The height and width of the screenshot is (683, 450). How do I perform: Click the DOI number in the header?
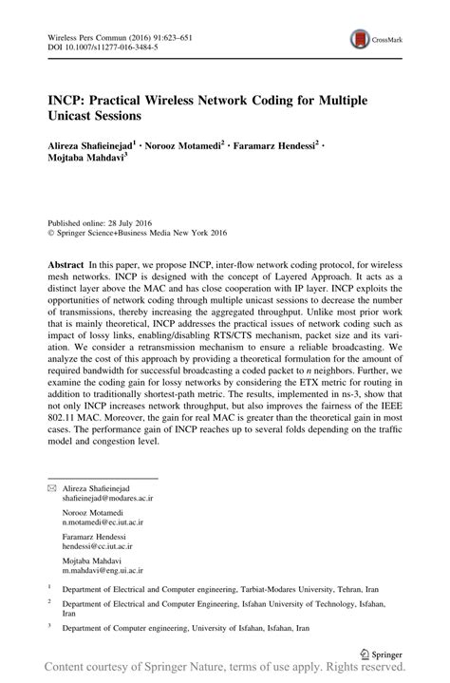coord(106,45)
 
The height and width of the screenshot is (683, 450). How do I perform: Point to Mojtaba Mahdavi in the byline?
coord(85,164)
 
